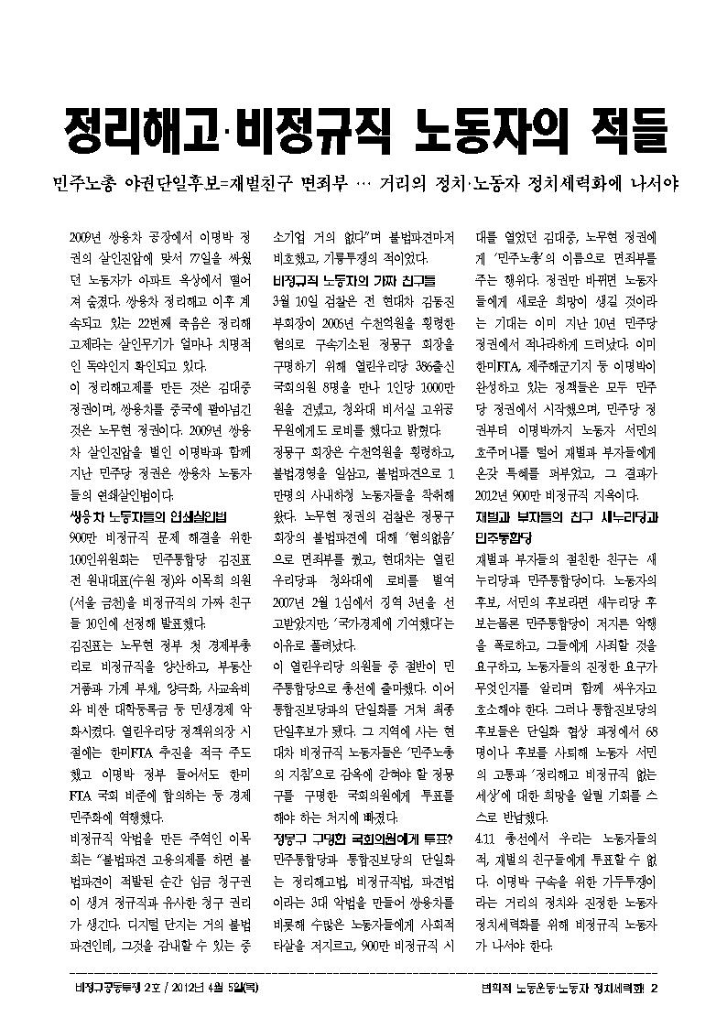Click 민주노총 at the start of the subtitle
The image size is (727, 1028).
coord(87,184)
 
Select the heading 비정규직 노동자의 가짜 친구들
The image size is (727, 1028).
coord(354,278)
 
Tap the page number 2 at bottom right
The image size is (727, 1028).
coord(655,987)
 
